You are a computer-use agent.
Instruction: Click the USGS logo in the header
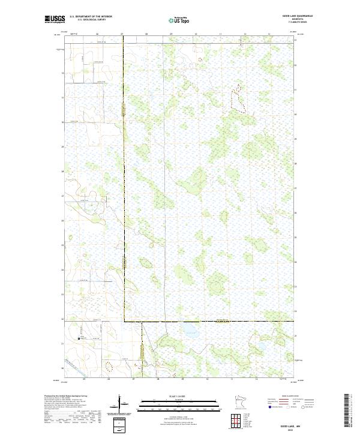[x=55, y=19]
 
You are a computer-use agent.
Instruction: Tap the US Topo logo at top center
[x=179, y=20]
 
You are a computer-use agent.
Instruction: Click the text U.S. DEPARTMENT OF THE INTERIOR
[x=91, y=17]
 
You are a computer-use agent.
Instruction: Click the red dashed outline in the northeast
[x=238, y=99]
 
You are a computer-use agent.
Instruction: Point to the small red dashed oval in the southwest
[x=109, y=365]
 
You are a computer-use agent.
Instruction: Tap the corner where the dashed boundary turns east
[x=124, y=322]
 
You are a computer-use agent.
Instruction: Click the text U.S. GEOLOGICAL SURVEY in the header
[x=86, y=20]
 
